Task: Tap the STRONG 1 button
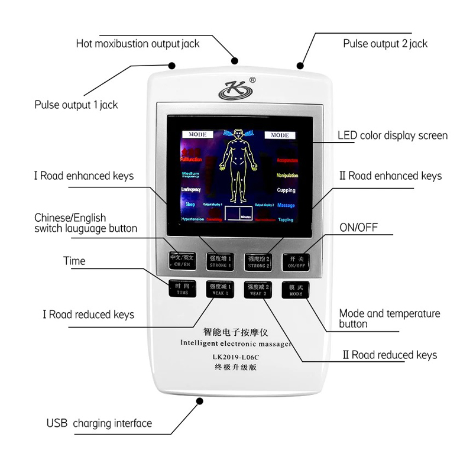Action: pyautogui.click(x=219, y=261)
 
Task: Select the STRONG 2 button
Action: pyautogui.click(x=258, y=261)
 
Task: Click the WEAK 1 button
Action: pyautogui.click(x=219, y=289)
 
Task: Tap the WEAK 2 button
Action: pyautogui.click(x=258, y=289)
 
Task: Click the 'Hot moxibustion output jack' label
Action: pyautogui.click(x=138, y=44)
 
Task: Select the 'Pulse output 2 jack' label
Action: pyautogui.click(x=385, y=44)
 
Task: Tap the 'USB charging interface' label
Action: pyautogui.click(x=99, y=423)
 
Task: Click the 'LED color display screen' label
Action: pyautogui.click(x=393, y=135)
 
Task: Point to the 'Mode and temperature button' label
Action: pyautogui.click(x=390, y=319)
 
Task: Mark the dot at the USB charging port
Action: pyautogui.click(x=200, y=401)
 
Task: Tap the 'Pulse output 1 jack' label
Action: pyautogui.click(x=76, y=105)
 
